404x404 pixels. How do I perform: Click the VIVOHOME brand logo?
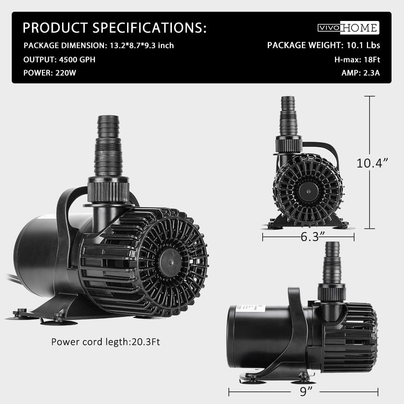[348, 28]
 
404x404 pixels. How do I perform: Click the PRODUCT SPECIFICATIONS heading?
[115, 28]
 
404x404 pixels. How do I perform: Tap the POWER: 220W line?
[50, 72]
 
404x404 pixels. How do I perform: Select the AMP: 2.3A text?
[361, 72]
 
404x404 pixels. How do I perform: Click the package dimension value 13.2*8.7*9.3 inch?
[142, 46]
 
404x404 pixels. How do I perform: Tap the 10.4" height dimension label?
[372, 163]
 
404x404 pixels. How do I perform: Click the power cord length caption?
[105, 342]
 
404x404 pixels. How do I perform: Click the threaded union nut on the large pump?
[109, 189]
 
